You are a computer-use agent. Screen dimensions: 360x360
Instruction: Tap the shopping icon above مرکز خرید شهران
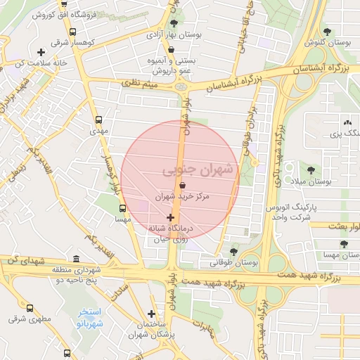(x=183, y=186)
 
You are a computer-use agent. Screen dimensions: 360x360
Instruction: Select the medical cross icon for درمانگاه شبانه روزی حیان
(x=170, y=217)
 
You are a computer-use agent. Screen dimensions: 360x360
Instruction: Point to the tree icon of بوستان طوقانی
(x=233, y=251)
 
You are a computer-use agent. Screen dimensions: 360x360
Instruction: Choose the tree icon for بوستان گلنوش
(x=327, y=31)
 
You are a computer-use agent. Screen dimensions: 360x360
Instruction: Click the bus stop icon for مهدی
(x=98, y=120)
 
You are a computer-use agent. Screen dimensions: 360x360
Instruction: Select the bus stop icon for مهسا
(x=123, y=208)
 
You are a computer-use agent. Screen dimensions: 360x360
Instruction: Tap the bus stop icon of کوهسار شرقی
(x=73, y=32)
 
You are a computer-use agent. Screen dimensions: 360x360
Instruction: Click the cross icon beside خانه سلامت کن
(x=41, y=52)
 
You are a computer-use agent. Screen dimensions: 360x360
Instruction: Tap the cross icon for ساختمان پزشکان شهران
(x=152, y=314)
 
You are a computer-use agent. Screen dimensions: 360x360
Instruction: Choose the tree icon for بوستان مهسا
(x=343, y=244)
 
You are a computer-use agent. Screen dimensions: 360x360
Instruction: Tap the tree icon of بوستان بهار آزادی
(x=174, y=23)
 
